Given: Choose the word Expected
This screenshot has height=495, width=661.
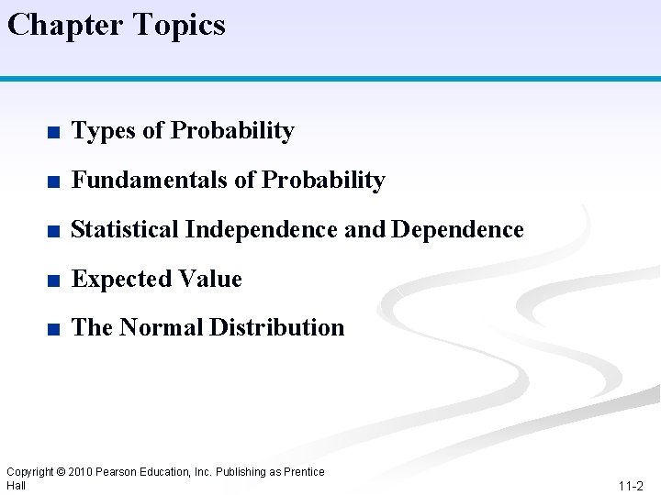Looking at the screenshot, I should click(x=117, y=279).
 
